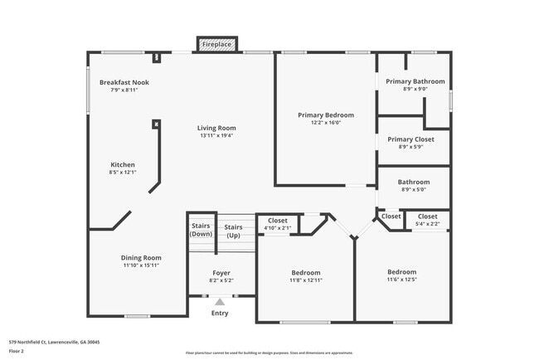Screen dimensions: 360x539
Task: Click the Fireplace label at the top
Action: (217, 43)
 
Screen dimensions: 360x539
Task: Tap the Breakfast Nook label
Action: (124, 82)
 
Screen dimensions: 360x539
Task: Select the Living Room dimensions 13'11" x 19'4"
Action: (216, 136)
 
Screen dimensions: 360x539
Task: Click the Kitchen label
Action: (122, 164)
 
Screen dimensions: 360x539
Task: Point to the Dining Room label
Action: (141, 258)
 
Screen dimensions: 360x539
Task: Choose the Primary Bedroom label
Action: (326, 114)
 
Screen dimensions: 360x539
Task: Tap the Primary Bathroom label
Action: (415, 81)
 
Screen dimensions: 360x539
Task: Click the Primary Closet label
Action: (415, 139)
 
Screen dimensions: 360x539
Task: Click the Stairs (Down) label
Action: (201, 230)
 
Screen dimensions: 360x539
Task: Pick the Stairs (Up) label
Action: (234, 230)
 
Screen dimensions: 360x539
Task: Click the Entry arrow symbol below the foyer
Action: (220, 302)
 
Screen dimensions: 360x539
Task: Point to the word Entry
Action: (220, 313)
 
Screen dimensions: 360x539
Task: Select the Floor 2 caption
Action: (17, 351)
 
